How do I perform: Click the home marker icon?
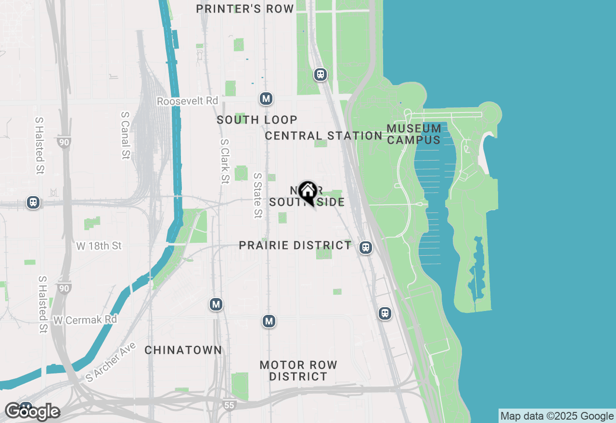pyautogui.click(x=307, y=192)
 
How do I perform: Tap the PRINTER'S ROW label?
pyautogui.click(x=245, y=9)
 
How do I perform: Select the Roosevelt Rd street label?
pyautogui.click(x=188, y=101)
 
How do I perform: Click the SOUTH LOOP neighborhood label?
pyautogui.click(x=257, y=120)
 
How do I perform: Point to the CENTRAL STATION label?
pyautogui.click(x=324, y=136)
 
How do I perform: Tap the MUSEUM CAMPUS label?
pyautogui.click(x=414, y=134)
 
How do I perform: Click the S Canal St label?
pyautogui.click(x=126, y=136)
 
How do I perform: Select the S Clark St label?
pyautogui.click(x=224, y=162)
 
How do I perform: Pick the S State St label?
pyautogui.click(x=258, y=196)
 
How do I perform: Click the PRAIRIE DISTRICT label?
pyautogui.click(x=295, y=245)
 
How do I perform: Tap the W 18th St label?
pyautogui.click(x=99, y=246)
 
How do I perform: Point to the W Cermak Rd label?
pyautogui.click(x=85, y=320)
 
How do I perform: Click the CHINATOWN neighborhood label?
pyautogui.click(x=183, y=350)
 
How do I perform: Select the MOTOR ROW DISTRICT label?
pyautogui.click(x=298, y=371)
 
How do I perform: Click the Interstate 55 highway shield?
pyautogui.click(x=229, y=405)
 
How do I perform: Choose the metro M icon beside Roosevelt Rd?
pyautogui.click(x=266, y=99)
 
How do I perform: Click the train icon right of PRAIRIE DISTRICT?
pyautogui.click(x=366, y=248)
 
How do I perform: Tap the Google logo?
pyautogui.click(x=32, y=411)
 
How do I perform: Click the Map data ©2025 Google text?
pyautogui.click(x=557, y=416)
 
